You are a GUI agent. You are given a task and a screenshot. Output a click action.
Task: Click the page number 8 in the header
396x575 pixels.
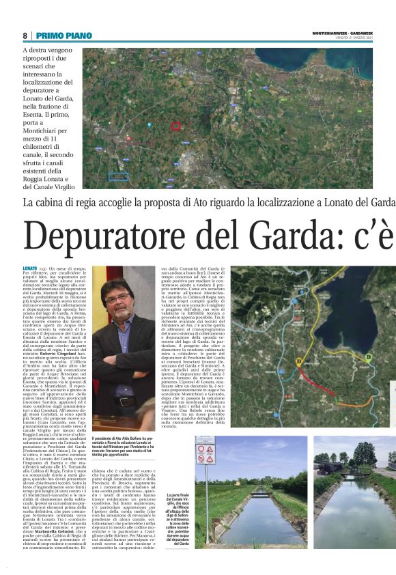[25, 36]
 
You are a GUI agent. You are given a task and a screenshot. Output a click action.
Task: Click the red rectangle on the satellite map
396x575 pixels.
[175, 126]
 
